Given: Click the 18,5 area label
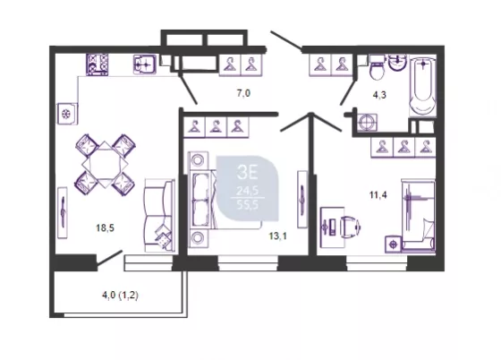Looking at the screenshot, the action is [106, 228].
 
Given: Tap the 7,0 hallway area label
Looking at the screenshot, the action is [243, 93].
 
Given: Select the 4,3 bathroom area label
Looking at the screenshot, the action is [379, 95].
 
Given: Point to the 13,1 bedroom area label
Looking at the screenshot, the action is [278, 236].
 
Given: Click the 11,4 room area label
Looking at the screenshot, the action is [378, 194].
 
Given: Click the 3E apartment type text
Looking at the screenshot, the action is [247, 173].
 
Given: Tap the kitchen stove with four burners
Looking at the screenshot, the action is [98, 64].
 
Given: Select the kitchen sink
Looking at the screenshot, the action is [145, 64].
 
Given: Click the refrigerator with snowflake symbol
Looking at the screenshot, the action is [67, 114].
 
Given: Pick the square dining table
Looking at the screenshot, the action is [105, 165].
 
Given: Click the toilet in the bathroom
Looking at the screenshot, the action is [378, 67].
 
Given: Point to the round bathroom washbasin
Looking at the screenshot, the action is [398, 63].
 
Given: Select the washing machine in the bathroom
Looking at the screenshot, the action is [367, 123].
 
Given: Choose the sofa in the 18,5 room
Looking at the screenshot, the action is [159, 216].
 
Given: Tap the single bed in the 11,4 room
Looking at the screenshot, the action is [419, 215].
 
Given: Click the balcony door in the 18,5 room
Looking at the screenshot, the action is [109, 258].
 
